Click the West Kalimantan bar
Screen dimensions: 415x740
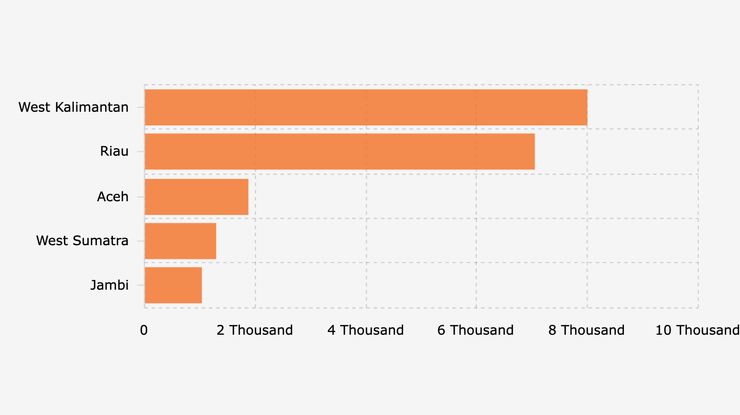(x=366, y=107)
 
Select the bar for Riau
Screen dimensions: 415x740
(x=340, y=151)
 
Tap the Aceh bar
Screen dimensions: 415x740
(x=196, y=196)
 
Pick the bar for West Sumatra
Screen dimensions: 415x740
(x=180, y=241)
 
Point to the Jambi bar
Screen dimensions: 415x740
(x=173, y=285)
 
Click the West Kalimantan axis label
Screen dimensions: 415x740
(x=73, y=107)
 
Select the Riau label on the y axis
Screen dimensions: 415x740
(x=114, y=151)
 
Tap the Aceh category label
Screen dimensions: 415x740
(x=112, y=196)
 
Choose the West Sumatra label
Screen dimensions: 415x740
(x=82, y=241)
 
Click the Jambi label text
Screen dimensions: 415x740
(x=109, y=285)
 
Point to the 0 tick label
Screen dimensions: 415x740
(x=144, y=330)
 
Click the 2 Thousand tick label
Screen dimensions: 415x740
(x=254, y=330)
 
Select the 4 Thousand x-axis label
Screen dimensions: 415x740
(x=365, y=330)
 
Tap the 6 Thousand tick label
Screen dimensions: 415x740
(x=475, y=330)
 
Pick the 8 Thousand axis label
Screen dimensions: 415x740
(x=586, y=330)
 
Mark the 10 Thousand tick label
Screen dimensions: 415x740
(x=697, y=330)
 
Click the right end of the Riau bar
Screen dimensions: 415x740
(x=534, y=151)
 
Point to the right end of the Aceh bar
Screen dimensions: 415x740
(x=247, y=196)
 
